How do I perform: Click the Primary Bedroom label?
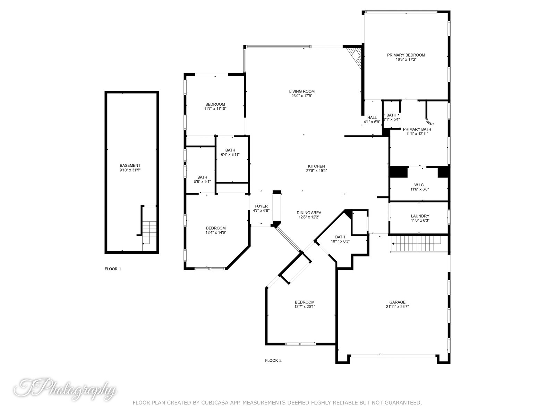pos(406,55)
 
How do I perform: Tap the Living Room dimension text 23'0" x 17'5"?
pos(302,96)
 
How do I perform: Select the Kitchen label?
pos(316,166)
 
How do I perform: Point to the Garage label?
pos(397,302)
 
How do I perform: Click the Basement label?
pos(130,165)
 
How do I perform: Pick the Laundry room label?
pos(420,216)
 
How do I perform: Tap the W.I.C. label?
pos(420,185)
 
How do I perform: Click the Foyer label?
pos(261,206)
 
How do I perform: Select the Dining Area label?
pos(309,213)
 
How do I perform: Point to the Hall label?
pos(372,117)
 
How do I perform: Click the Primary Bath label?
pos(417,129)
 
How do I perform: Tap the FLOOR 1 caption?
pos(113,269)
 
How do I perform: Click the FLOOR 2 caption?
pos(273,360)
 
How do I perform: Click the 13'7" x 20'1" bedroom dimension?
pos(305,306)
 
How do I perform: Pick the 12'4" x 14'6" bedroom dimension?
pos(216,232)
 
